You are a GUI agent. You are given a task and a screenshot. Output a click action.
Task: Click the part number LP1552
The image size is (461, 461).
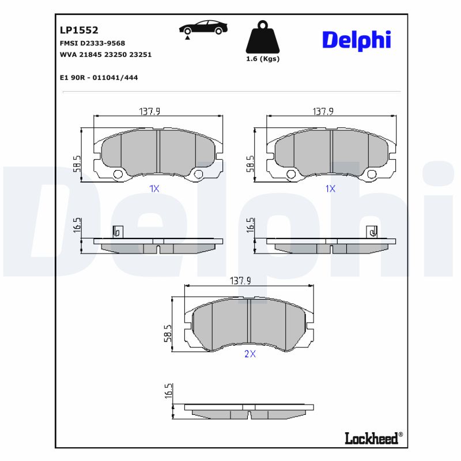point(79,30)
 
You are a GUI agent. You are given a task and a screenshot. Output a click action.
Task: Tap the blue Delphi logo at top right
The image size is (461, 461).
point(356,40)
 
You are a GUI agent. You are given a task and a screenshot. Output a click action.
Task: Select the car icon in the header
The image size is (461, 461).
point(202,28)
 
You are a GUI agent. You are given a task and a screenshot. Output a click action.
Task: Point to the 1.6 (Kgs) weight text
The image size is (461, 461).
point(262,59)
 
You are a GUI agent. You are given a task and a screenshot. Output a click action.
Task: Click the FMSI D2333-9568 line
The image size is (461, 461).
point(92,43)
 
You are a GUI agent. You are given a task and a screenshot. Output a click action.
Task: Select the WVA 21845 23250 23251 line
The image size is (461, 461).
point(105,54)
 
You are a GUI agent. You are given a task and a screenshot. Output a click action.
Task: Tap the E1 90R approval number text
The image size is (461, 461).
point(99,77)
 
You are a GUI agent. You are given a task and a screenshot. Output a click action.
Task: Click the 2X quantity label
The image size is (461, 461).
point(250,354)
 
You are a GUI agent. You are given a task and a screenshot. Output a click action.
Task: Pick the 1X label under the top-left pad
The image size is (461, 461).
point(154,188)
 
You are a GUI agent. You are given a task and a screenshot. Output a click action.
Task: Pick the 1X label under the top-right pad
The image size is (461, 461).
point(330,188)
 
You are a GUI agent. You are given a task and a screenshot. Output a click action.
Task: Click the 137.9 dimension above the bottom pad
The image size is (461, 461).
point(240,281)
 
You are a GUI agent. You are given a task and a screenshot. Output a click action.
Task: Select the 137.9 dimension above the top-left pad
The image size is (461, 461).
point(149,111)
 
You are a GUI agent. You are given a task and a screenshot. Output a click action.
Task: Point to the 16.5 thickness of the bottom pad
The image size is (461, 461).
point(168,391)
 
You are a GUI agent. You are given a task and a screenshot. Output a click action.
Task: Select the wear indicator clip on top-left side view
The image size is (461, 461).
point(118,231)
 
